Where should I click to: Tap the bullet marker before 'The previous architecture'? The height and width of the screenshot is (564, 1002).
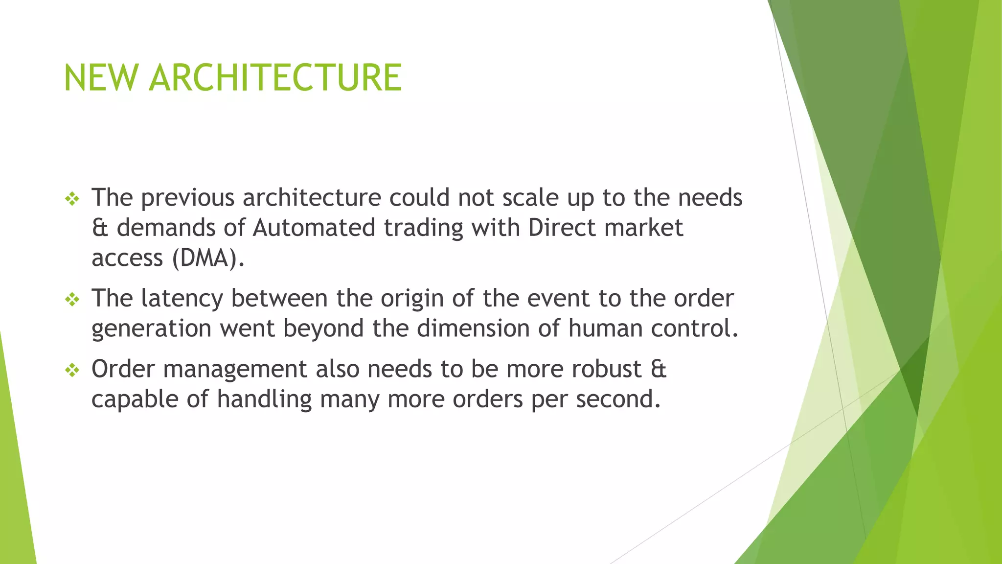(72, 198)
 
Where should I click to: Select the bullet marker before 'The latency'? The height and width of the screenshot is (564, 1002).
(72, 299)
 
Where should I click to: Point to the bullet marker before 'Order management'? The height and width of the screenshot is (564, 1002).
(72, 370)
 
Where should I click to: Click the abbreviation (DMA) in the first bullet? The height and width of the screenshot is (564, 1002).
(207, 258)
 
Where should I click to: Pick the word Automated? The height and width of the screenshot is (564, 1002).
(314, 228)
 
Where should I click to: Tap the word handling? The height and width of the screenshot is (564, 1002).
(264, 399)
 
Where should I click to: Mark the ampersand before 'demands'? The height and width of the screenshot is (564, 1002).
(100, 228)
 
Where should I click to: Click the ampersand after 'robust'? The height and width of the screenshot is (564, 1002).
(659, 369)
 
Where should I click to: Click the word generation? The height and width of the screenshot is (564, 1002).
(151, 329)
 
